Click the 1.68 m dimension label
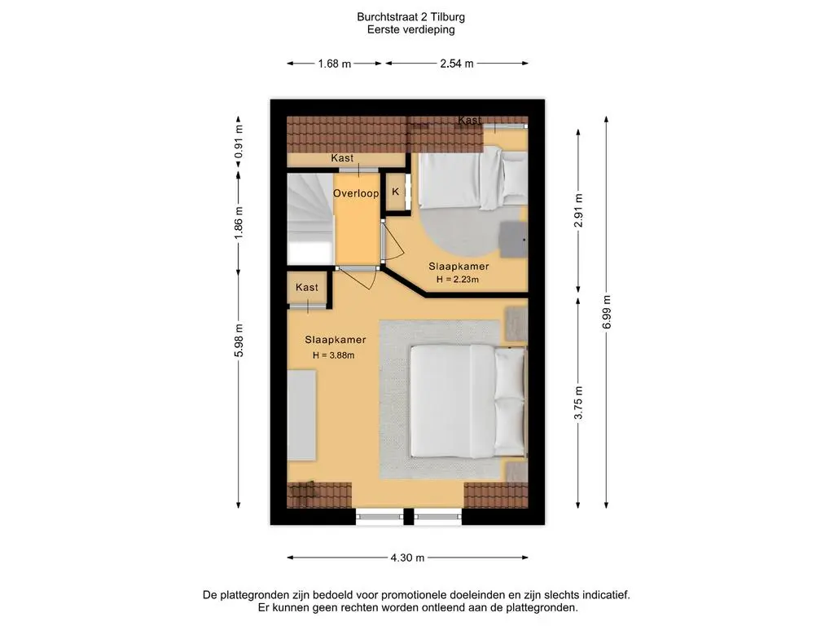335,64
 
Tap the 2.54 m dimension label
456,64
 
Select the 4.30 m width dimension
407,558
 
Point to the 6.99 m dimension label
607,311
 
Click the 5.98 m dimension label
239,340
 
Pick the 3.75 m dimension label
579,403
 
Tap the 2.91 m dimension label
579,211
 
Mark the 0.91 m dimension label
239,142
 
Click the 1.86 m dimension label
239,223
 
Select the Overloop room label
356,193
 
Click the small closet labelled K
396,192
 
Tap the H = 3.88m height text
333,355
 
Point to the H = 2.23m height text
458,279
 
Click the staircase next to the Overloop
310,218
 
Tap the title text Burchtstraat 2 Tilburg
410,17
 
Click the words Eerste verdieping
410,30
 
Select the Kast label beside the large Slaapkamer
307,288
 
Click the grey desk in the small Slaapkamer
513,239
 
